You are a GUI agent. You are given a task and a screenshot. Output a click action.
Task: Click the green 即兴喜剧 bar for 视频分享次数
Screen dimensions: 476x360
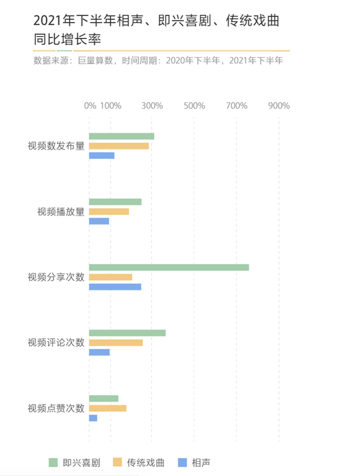pyautogui.click(x=169, y=267)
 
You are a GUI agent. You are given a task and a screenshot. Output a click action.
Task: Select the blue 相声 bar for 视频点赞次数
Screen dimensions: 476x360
pyautogui.click(x=93, y=418)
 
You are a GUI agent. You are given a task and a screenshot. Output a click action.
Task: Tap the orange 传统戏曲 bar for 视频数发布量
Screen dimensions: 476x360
pyautogui.click(x=119, y=146)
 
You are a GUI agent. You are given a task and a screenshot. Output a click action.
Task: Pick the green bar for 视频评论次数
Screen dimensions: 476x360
pyautogui.click(x=127, y=333)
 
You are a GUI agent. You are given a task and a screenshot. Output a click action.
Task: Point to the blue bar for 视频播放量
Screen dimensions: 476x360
pyautogui.click(x=99, y=221)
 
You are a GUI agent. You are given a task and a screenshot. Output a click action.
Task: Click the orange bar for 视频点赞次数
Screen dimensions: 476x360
pyautogui.click(x=107, y=408)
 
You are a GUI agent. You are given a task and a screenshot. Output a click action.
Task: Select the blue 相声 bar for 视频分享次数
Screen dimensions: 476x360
pyautogui.click(x=115, y=287)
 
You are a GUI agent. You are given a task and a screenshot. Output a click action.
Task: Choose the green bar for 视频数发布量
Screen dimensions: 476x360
pyautogui.click(x=121, y=136)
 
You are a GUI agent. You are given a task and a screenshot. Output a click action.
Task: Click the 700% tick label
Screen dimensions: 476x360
pyautogui.click(x=236, y=106)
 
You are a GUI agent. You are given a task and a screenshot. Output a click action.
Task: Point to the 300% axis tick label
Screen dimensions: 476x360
pyautogui.click(x=152, y=106)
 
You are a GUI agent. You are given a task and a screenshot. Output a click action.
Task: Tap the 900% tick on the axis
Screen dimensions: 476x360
pyautogui.click(x=278, y=106)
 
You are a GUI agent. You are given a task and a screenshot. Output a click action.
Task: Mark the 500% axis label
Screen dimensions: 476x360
pyautogui.click(x=194, y=106)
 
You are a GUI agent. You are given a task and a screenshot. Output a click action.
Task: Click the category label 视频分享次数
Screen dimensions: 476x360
pyautogui.click(x=56, y=277)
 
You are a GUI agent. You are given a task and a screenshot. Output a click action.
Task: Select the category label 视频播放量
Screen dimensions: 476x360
pyautogui.click(x=61, y=211)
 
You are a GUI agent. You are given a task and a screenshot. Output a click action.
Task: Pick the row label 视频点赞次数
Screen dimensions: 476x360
pyautogui.click(x=56, y=408)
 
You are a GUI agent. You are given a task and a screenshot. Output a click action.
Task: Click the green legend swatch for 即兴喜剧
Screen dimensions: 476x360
pyautogui.click(x=54, y=462)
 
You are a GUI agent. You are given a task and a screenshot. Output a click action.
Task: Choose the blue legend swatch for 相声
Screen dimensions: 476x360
pyautogui.click(x=183, y=462)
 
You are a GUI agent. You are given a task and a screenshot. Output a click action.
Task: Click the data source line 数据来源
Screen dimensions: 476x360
pyautogui.click(x=158, y=60)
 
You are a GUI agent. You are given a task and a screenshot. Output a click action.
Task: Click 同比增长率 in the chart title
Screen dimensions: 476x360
pyautogui.click(x=67, y=40)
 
